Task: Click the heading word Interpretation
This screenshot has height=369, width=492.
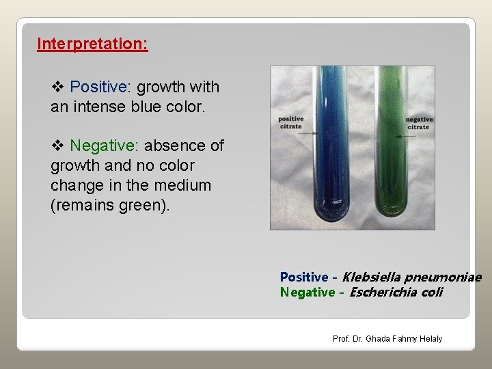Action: point(92,44)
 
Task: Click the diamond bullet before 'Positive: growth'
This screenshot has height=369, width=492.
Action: point(57,87)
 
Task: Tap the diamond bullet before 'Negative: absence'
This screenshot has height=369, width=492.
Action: point(57,146)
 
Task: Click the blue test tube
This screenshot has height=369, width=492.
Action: point(330,137)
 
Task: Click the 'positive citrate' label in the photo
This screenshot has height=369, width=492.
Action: point(290,123)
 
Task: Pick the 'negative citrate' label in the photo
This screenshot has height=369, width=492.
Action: point(418,123)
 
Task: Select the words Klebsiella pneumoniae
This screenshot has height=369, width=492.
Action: point(411,277)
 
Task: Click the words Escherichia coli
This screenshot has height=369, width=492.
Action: point(396,292)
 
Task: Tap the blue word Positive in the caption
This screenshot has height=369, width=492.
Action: point(304,277)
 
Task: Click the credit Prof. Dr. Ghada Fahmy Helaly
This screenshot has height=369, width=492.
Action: point(387,339)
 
